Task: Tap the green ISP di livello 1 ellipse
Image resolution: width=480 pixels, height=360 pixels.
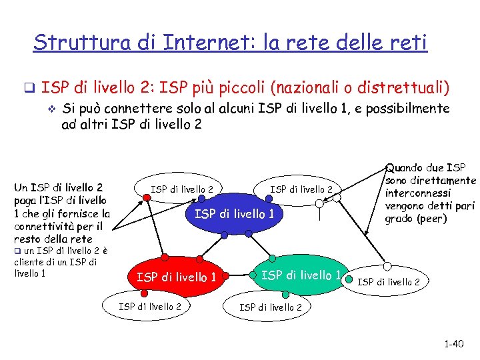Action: click(300, 275)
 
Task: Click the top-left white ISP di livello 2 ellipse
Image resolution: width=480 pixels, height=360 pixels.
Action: click(182, 189)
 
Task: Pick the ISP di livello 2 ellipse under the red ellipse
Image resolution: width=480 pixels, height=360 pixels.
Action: click(149, 306)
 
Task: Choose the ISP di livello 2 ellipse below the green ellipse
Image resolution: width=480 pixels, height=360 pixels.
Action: click(270, 307)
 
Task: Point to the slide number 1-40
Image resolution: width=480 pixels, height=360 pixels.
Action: click(453, 344)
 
